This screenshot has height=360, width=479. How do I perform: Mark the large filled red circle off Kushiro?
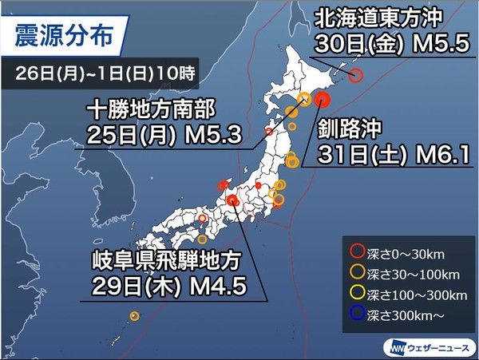point(322,100)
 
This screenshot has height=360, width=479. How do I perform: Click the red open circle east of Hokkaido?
point(356,76)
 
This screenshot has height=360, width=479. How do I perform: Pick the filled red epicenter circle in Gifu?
point(232,201)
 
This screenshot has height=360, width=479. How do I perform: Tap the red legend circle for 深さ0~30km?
point(355,255)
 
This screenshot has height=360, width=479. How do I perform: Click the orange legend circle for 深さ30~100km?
point(355,273)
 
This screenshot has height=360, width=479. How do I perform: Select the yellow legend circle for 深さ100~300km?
point(355,291)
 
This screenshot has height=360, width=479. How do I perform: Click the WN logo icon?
point(397,347)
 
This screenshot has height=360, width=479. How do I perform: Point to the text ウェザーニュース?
point(437,347)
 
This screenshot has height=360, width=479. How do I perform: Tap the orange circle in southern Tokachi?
point(304,99)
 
